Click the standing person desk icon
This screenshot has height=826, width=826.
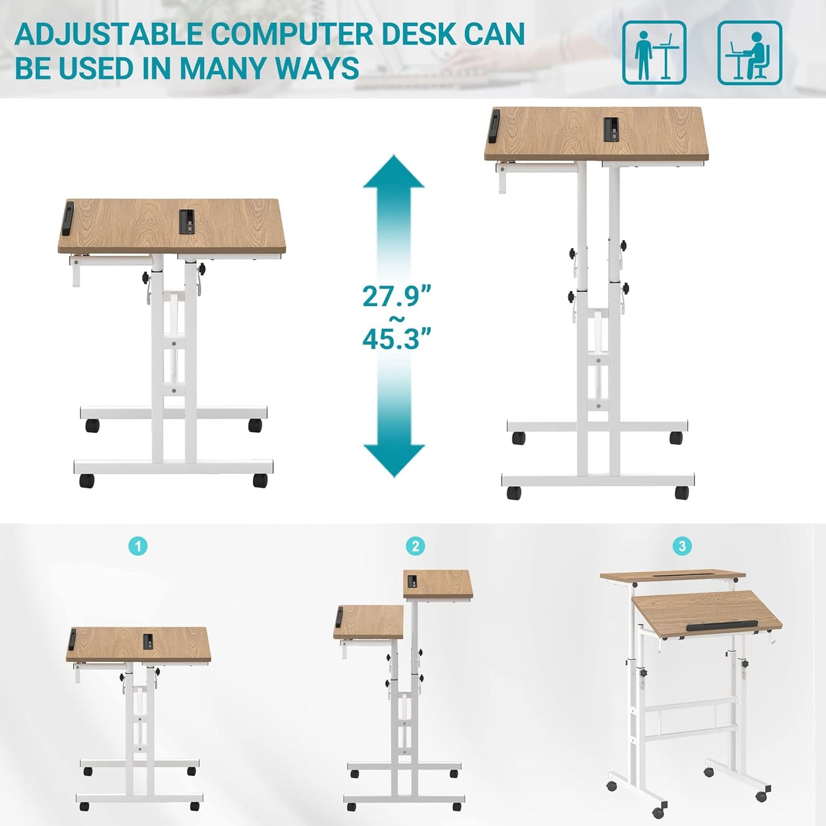click(654, 53)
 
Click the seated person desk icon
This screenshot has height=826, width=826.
click(749, 53)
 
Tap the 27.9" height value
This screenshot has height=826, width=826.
click(396, 296)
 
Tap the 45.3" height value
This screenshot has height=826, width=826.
click(396, 338)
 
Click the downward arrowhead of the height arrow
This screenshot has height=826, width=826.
click(394, 460)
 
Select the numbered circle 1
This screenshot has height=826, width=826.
click(138, 546)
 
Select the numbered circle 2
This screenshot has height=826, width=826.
click(415, 546)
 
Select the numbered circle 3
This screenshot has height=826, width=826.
click(681, 546)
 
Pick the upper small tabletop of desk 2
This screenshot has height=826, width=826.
click(438, 584)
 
